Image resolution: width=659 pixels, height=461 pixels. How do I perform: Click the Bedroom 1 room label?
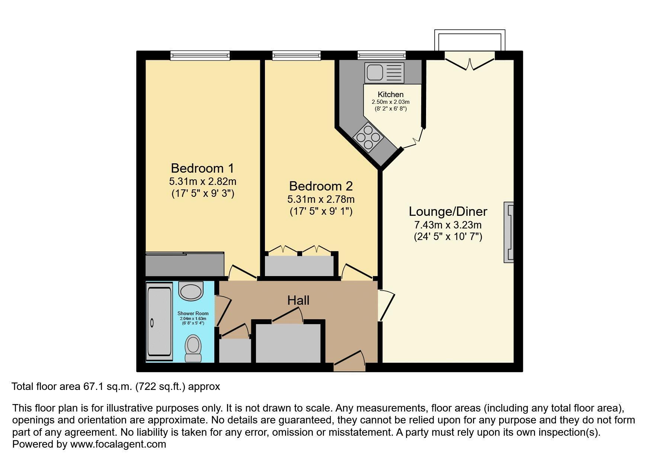coord(202,168)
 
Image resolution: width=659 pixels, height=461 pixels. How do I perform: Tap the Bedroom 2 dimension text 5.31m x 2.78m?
coord(321,199)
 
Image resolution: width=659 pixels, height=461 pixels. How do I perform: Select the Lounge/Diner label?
coord(448,211)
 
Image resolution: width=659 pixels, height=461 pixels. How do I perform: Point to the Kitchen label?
coord(390,95)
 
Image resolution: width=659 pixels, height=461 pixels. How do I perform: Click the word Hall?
coord(298,300)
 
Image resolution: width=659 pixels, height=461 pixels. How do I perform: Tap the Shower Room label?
coord(193,313)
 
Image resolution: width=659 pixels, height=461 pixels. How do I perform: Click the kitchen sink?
coord(384,73)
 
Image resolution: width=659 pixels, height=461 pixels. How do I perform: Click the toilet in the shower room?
coord(193,348)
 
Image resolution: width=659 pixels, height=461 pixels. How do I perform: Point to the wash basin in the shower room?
coord(191,291)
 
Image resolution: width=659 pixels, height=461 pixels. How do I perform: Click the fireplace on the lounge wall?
coord(509,232)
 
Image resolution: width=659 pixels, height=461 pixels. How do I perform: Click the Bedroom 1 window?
coord(200,55)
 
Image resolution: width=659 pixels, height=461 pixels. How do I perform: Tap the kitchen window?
coord(381,55)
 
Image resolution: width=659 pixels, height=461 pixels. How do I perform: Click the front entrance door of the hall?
coord(349,361)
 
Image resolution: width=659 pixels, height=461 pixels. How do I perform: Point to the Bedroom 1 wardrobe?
coord(185,264)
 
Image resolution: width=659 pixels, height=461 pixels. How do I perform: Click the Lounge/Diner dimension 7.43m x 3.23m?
coord(448,225)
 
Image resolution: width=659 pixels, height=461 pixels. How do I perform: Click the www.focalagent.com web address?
coord(118,444)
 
